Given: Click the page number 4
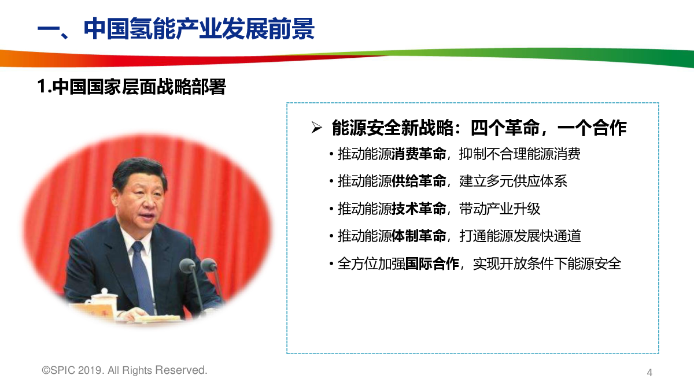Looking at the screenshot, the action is (x=649, y=372).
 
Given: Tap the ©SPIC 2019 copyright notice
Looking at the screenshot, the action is (x=124, y=370).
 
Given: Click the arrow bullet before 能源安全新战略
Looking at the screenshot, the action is (x=316, y=128).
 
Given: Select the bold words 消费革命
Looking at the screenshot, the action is (x=419, y=154).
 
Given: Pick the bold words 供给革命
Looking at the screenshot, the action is (x=419, y=181).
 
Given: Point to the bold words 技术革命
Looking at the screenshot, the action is (x=419, y=209).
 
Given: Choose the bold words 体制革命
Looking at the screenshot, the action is (x=419, y=236).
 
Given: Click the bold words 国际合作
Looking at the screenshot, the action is (x=432, y=263).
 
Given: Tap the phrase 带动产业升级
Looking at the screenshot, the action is (x=500, y=209).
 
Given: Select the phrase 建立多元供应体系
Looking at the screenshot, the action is (x=513, y=181).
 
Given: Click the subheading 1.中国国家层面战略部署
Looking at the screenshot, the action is (x=132, y=86).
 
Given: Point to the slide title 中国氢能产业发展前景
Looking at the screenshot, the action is (x=199, y=28).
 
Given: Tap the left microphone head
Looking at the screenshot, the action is (x=187, y=266).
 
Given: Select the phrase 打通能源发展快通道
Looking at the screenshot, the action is (x=520, y=236).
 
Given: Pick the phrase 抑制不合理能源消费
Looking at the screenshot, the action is (x=520, y=154).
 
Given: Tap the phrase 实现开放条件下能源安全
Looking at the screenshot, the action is (x=547, y=263).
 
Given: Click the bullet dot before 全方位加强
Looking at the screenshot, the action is (x=331, y=264).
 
